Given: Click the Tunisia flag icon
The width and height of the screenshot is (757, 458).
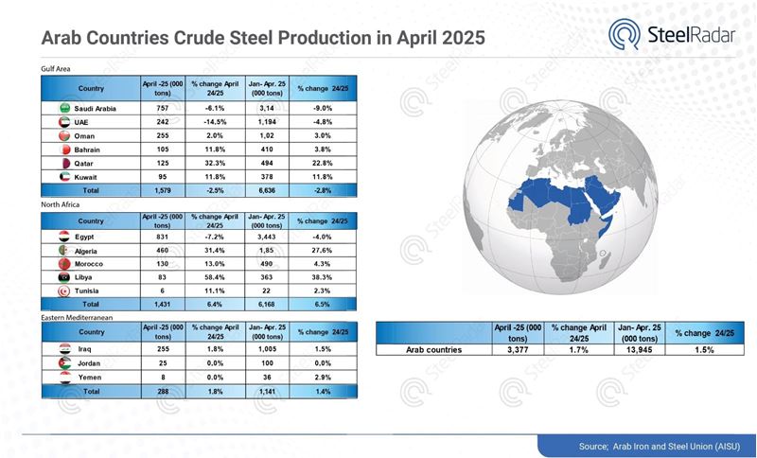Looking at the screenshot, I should (x=63, y=291).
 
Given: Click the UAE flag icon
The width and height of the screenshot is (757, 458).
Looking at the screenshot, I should (x=63, y=121).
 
